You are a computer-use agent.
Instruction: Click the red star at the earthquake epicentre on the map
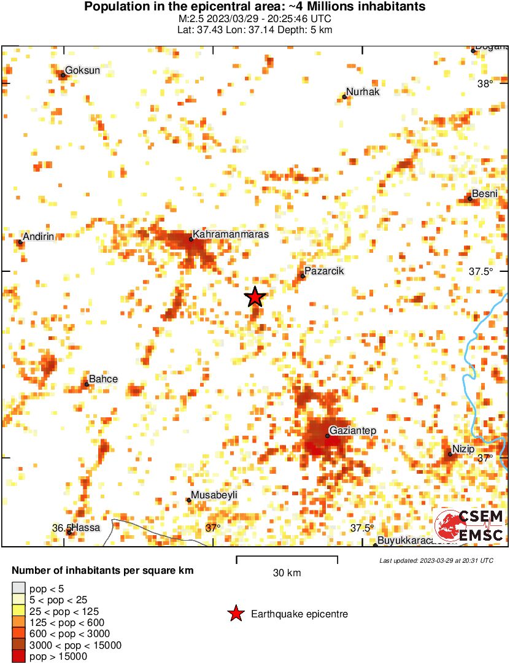pyautogui.click(x=255, y=297)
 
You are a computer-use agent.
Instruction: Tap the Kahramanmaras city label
pyautogui.click(x=230, y=234)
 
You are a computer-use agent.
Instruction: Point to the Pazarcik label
pyautogui.click(x=325, y=271)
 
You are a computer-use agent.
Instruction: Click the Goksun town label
pyautogui.click(x=82, y=71)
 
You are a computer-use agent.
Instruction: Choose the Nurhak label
pyautogui.click(x=363, y=92)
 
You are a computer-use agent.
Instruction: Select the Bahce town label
pyautogui.click(x=103, y=379)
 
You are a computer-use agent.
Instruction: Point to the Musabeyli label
pyautogui.click(x=214, y=495)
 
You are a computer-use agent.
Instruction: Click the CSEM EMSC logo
pyautogui.click(x=469, y=526)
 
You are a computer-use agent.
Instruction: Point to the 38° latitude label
pyautogui.click(x=485, y=84)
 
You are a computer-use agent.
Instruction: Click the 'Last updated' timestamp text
pyautogui.click(x=436, y=560)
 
